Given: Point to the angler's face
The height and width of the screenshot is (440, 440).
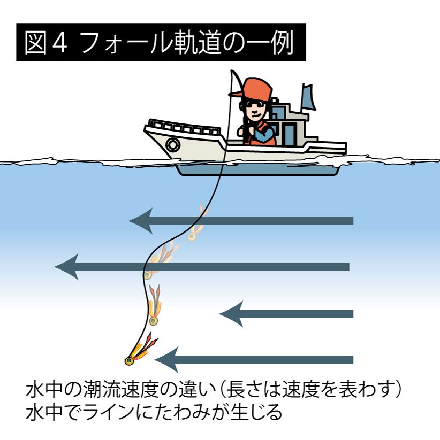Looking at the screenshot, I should pyautogui.click(x=256, y=110).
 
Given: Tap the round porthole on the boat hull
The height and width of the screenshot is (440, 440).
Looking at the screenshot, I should pyautogui.click(x=172, y=144).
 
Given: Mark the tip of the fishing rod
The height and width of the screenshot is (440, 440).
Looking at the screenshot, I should pyautogui.click(x=231, y=71).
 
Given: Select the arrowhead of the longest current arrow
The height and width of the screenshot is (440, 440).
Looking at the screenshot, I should pyautogui.click(x=67, y=266).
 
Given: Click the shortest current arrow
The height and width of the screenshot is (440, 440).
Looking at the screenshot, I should pyautogui.click(x=286, y=314).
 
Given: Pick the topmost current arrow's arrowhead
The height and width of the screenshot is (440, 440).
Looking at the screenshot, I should pyautogui.click(x=141, y=220).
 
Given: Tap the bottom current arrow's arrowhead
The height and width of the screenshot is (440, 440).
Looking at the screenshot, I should pyautogui.click(x=166, y=359).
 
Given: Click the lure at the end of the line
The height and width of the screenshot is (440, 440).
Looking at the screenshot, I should pyautogui.click(x=129, y=361).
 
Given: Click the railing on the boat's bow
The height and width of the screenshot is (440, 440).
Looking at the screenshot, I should pyautogui.click(x=182, y=128).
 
